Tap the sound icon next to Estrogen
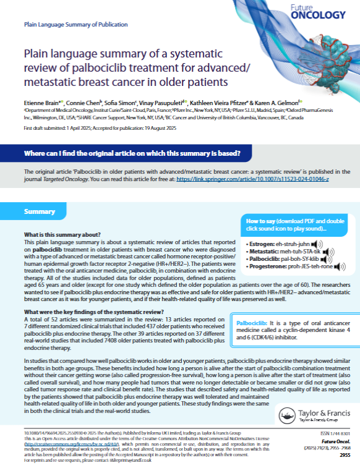point(315,244)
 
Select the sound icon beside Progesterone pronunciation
point(340,267)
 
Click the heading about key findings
point(76,311)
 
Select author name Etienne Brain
point(41,101)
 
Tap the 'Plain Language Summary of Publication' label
point(66,27)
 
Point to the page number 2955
point(345,455)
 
